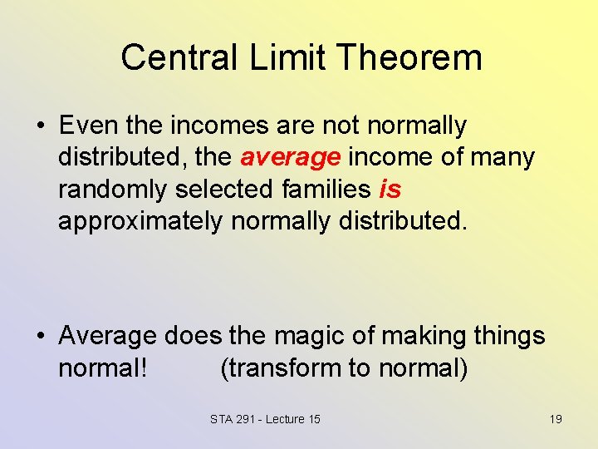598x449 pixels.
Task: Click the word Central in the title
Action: (x=171, y=58)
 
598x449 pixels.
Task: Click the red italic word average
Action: (x=291, y=157)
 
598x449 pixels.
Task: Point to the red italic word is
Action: (x=390, y=190)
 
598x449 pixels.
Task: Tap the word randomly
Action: (x=113, y=190)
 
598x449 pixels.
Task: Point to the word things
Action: (x=508, y=336)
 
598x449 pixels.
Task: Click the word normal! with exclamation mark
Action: (x=103, y=368)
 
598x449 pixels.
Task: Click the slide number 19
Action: (x=556, y=419)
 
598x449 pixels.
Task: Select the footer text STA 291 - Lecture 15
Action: (x=265, y=419)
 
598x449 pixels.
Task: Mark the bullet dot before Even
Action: (x=40, y=126)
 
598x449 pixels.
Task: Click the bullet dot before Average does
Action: (x=40, y=337)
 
